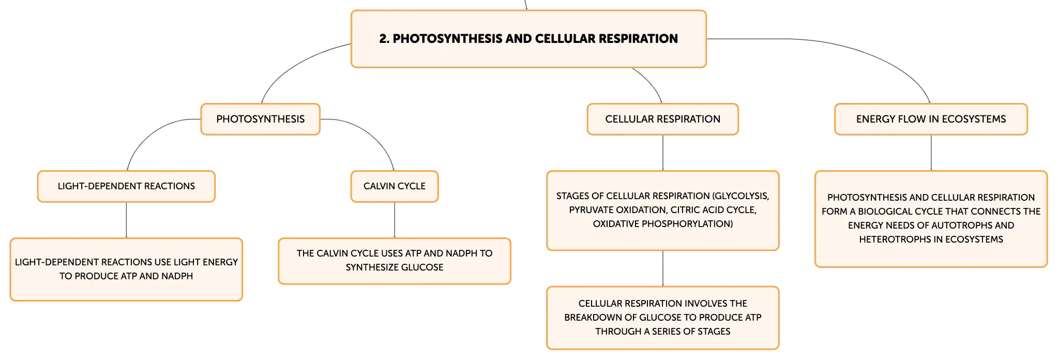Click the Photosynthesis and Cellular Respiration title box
[528, 39]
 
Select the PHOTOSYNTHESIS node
[261, 119]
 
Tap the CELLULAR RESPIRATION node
[662, 119]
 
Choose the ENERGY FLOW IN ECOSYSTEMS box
[931, 119]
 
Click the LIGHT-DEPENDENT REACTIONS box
[126, 186]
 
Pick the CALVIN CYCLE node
[395, 186]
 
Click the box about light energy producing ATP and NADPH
[126, 269]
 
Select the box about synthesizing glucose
[395, 261]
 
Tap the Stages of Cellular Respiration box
[662, 211]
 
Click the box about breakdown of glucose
[662, 318]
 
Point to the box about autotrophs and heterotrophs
[931, 219]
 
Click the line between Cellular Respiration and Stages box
[663, 153]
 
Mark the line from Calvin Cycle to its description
[395, 220]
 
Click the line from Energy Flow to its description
[931, 153]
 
